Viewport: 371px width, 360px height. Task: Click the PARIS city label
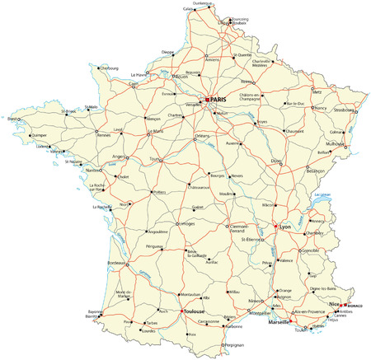coord(218,100)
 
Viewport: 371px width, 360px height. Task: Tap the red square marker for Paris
coord(208,100)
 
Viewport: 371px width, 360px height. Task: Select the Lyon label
coord(286,225)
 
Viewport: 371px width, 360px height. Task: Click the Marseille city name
coord(280,324)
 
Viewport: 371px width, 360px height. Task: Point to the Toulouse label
coord(195,314)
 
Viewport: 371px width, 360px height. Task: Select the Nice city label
coord(334,304)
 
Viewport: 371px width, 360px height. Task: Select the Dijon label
coord(277,160)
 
